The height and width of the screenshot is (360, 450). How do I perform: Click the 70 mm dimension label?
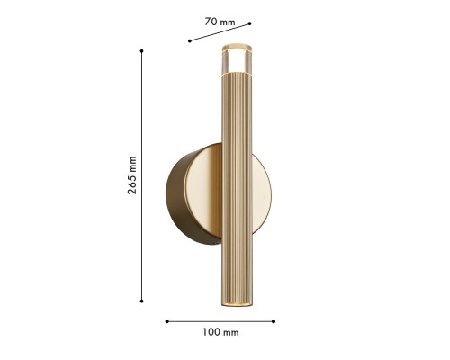coord(220,22)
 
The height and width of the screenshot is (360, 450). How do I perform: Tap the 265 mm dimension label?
coord(132,175)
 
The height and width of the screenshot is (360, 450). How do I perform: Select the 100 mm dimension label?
coord(220,332)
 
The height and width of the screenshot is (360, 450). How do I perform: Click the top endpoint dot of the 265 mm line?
coord(141,51)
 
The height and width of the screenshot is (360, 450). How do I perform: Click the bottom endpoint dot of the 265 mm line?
coord(141,301)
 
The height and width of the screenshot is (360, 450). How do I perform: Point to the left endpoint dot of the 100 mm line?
coord(167,321)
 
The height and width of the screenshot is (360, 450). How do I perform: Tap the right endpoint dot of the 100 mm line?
coord(274,321)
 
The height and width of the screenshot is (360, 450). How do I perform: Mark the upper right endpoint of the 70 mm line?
coord(249,23)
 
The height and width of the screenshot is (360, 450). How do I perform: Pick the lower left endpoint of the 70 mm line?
coord(190,40)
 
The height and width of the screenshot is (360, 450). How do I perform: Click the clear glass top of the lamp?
coord(237,59)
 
